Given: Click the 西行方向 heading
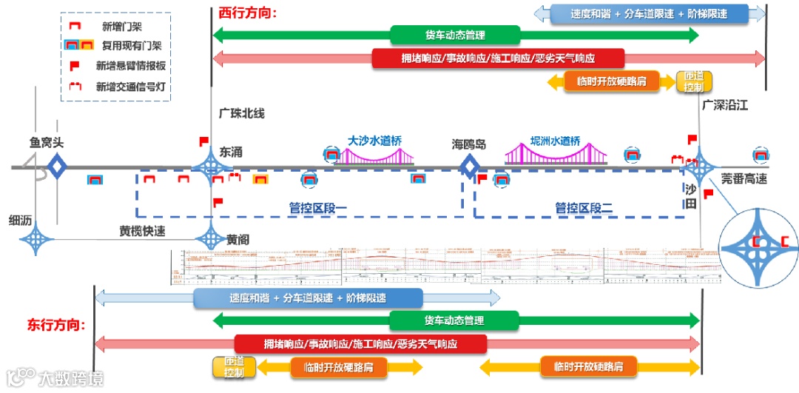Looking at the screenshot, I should pyautogui.click(x=247, y=13).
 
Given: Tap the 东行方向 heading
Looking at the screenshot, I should pyautogui.click(x=56, y=325).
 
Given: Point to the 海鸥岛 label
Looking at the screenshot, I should pyautogui.click(x=468, y=144).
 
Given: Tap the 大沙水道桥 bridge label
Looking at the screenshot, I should pyautogui.click(x=376, y=139).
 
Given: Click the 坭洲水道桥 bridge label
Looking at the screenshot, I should pyautogui.click(x=555, y=141).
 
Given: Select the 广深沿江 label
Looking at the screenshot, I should pyautogui.click(x=725, y=106).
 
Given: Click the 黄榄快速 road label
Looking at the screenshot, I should pyautogui.click(x=142, y=231).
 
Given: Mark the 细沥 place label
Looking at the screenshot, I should pyautogui.click(x=21, y=221).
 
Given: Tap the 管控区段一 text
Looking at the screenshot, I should pyautogui.click(x=317, y=208).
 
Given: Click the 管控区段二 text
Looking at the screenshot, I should pyautogui.click(x=584, y=208).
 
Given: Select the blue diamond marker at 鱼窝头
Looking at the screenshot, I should pyautogui.click(x=57, y=166).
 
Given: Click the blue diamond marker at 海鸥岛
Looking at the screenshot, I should pyautogui.click(x=469, y=167).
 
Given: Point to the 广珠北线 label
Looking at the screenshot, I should pyautogui.click(x=241, y=113).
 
